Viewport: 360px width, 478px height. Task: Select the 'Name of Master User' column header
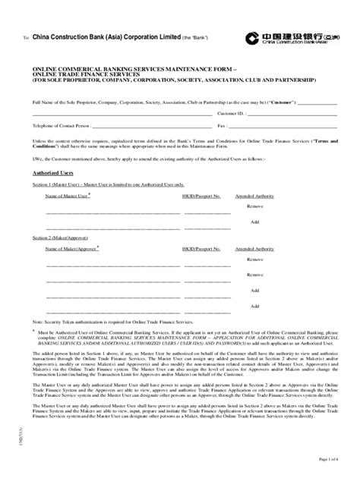[68, 196]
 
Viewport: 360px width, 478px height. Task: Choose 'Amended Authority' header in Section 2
[254, 248]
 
